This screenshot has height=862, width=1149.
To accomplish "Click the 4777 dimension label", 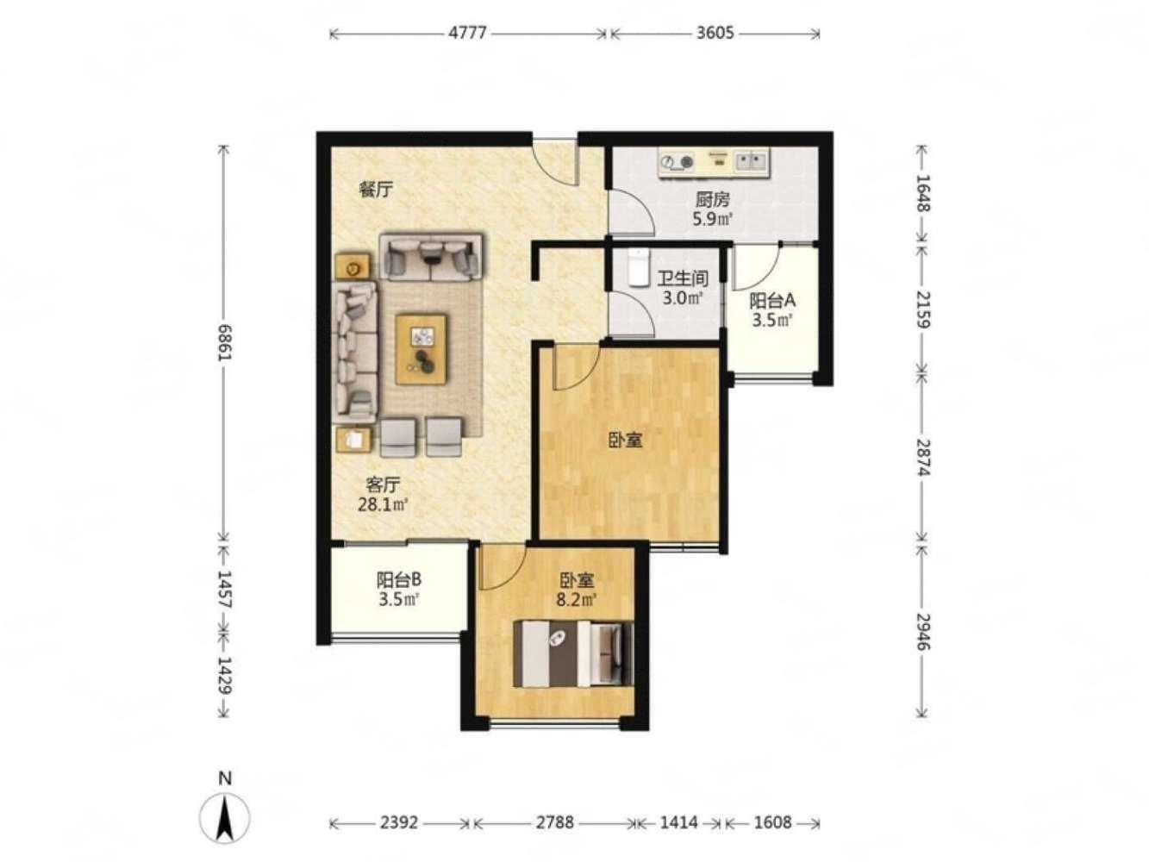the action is point(467,33).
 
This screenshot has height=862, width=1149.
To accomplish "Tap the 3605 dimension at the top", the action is point(715,33).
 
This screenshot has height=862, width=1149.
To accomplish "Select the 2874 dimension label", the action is point(923,458).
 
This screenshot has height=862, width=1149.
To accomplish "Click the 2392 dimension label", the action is point(398,822).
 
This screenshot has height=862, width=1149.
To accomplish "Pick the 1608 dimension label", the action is point(772,822).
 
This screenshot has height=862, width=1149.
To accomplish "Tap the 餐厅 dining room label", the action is point(375,189).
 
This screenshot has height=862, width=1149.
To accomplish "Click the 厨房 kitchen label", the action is point(712,199).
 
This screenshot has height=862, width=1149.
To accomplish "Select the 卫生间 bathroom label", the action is point(683,278).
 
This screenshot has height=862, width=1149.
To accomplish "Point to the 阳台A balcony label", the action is point(772,301).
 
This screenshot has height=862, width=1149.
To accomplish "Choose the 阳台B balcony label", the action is point(398,579).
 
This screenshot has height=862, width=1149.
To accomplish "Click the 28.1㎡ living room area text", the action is point(382,504).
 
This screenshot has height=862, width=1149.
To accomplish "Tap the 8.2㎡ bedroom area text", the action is point(577,599).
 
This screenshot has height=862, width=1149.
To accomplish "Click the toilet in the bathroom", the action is point(638,267).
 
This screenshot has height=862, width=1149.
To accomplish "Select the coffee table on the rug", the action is point(421,349).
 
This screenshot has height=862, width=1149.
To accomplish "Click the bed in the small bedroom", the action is point(572,653).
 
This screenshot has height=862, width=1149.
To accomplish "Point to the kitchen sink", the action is point(751,159).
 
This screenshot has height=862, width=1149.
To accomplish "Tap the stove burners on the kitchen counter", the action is point(677,161).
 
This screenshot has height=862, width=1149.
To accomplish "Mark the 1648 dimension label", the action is point(923,192).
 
